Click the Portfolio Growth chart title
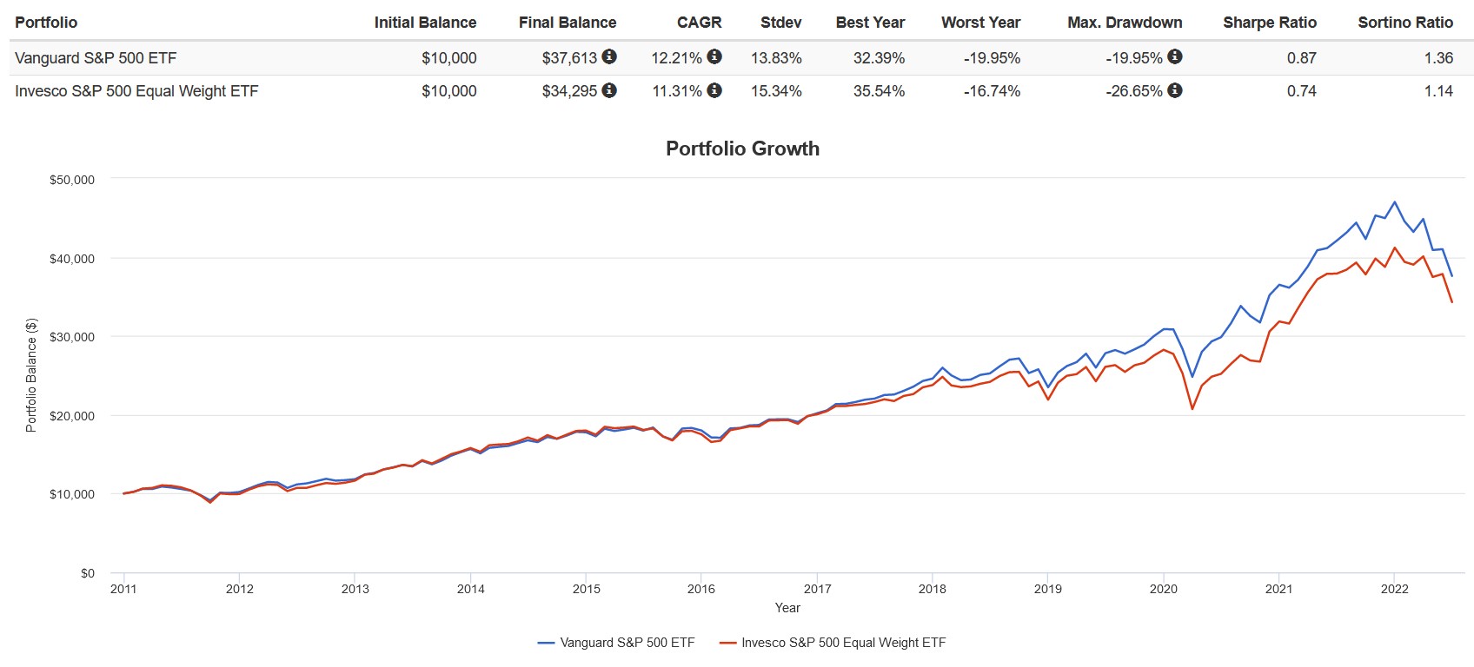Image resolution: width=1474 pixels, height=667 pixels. [742, 149]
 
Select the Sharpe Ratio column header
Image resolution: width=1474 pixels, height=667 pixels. [1269, 23]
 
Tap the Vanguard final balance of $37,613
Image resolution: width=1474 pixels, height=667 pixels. [569, 58]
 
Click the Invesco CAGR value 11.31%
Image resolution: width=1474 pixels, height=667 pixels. [677, 91]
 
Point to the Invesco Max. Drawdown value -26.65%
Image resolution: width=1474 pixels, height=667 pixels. [1133, 91]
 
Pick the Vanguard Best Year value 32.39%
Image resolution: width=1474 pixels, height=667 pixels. [879, 58]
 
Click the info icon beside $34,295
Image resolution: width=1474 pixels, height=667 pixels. [609, 90]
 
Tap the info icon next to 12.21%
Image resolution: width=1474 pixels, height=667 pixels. [714, 56]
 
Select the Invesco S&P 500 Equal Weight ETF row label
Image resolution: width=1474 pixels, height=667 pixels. [136, 91]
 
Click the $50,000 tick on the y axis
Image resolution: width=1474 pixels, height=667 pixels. [72, 180]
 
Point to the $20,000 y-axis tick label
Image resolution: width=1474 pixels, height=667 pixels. [72, 416]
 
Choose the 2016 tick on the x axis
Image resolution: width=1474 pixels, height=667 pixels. [701, 589]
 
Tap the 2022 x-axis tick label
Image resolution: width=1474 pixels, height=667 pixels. [1394, 589]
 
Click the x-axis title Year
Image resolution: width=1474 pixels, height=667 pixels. [787, 608]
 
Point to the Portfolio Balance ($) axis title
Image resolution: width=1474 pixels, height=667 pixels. [31, 375]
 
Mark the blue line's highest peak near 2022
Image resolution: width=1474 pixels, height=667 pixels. [1394, 202]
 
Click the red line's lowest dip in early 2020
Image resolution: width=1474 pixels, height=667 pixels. [1192, 408]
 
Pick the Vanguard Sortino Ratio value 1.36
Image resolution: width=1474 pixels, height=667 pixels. [1438, 58]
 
